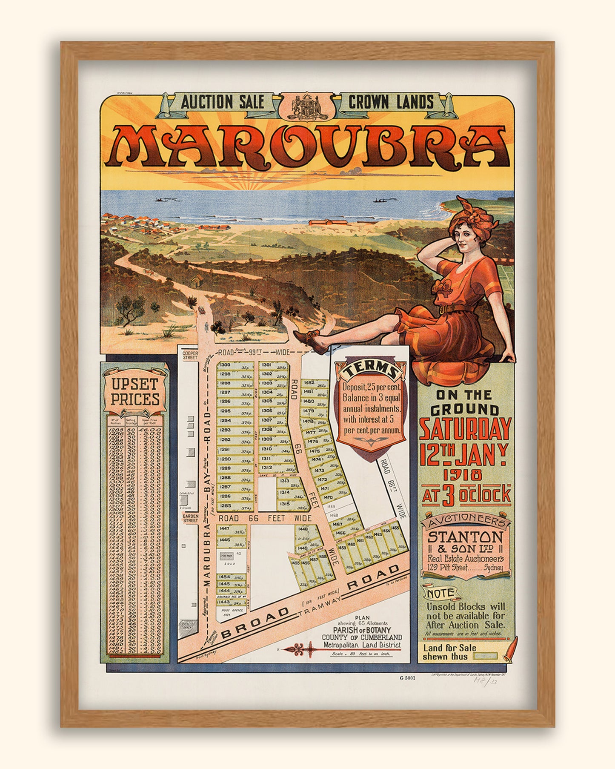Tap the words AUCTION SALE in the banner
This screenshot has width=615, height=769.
click(x=222, y=103)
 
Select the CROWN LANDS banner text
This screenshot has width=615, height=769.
click(x=391, y=103)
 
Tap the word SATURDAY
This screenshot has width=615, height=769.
click(x=465, y=429)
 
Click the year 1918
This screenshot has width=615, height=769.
click(x=465, y=474)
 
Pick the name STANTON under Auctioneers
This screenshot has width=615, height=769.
click(x=465, y=537)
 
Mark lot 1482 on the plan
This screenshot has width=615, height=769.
click(x=309, y=383)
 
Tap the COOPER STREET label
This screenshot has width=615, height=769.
click(x=190, y=355)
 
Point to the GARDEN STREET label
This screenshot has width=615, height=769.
click(x=190, y=518)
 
